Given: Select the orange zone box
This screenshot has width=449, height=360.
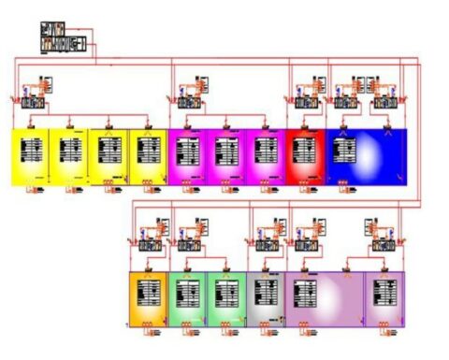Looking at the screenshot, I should [149, 298].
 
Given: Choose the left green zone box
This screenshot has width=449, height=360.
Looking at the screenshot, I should [189, 298].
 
